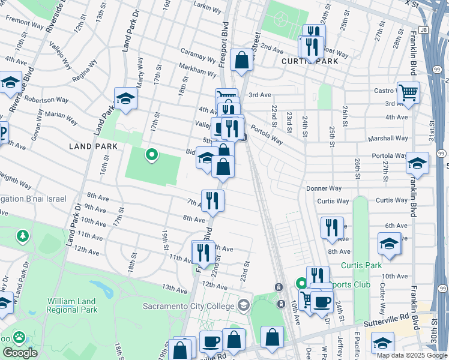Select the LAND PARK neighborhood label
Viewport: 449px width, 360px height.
(89, 146)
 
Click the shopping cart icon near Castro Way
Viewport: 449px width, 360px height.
(408, 93)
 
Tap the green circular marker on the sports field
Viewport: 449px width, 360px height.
(152, 155)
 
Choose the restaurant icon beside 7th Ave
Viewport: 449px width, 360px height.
(212, 200)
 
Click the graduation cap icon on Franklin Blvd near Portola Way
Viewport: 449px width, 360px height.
(418, 163)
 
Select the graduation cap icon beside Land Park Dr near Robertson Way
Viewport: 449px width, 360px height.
(126, 98)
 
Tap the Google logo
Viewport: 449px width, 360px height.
(20, 353)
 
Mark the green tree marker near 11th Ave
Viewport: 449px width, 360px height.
(23, 236)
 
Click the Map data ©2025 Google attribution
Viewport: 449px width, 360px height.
(411, 356)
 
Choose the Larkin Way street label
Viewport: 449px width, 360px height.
(208, 4)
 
